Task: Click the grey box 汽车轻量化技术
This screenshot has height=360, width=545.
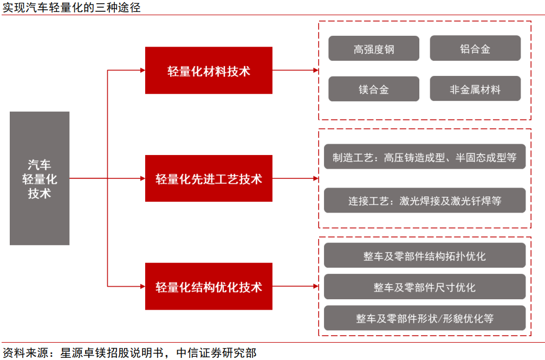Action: coord(40,178)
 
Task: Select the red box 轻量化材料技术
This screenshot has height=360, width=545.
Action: coord(209,70)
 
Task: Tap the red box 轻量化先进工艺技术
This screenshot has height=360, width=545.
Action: coord(209,178)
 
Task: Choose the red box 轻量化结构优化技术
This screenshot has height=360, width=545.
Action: coord(209,286)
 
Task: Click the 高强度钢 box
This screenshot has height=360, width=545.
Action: coord(374,49)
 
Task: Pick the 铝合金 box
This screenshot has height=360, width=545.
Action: coord(475,49)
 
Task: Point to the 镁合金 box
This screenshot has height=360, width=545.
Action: coord(374,89)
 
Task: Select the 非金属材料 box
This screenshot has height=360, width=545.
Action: coord(475,89)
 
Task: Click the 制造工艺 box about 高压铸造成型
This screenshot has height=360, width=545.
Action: coord(425,157)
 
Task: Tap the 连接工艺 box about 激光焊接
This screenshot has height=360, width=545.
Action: coord(425,201)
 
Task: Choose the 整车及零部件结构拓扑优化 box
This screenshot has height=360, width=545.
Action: coord(425,255)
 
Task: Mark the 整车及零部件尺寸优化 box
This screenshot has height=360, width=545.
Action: coord(425,287)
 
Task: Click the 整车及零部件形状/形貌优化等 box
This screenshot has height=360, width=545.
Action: coord(425,318)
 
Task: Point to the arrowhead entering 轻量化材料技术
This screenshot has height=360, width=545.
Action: coord(142,70)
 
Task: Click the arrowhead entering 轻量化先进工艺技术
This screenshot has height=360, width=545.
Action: coord(142,178)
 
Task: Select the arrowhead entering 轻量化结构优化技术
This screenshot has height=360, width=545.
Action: coord(142,286)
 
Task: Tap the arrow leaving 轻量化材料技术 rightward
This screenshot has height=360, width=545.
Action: coord(295,70)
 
